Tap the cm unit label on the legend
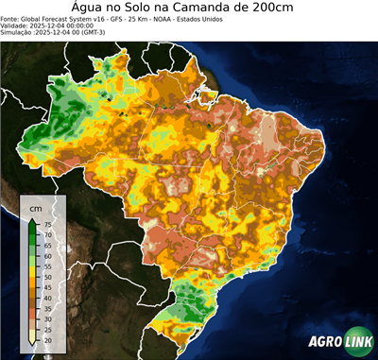[35, 207]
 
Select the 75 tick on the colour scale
[47, 224]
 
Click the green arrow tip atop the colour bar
[32, 219]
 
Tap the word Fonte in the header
[11, 18]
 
